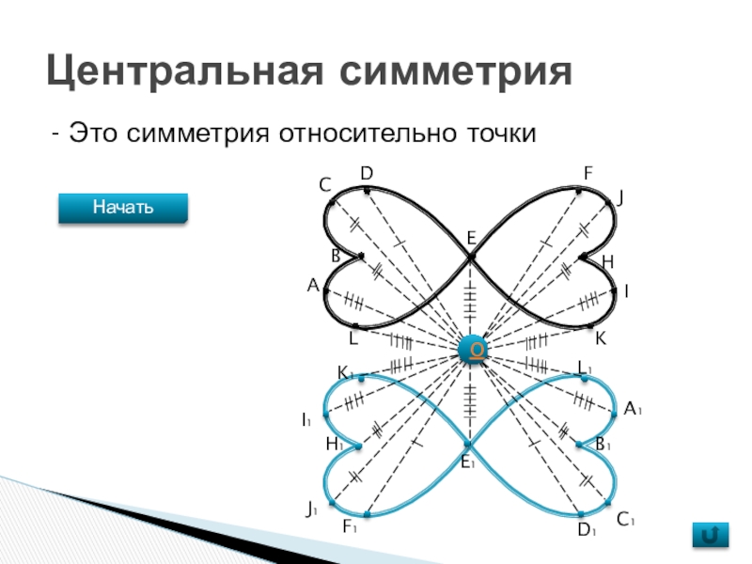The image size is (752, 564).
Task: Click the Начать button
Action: tap(123, 207)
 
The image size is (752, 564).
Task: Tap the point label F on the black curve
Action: tap(587, 173)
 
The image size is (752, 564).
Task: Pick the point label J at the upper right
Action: tap(620, 196)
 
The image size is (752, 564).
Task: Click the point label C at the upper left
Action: tap(324, 185)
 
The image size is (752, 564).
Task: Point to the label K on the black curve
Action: tap(601, 337)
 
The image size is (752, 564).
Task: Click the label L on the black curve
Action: tap(353, 337)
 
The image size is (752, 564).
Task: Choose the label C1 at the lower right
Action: tap(627, 519)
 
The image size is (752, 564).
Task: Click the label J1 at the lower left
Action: tap(312, 510)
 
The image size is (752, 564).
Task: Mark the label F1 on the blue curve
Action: tap(350, 529)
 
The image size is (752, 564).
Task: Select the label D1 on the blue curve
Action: tap(587, 531)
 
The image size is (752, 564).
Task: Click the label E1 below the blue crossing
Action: tap(467, 462)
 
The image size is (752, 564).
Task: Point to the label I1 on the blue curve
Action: tap(306, 419)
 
